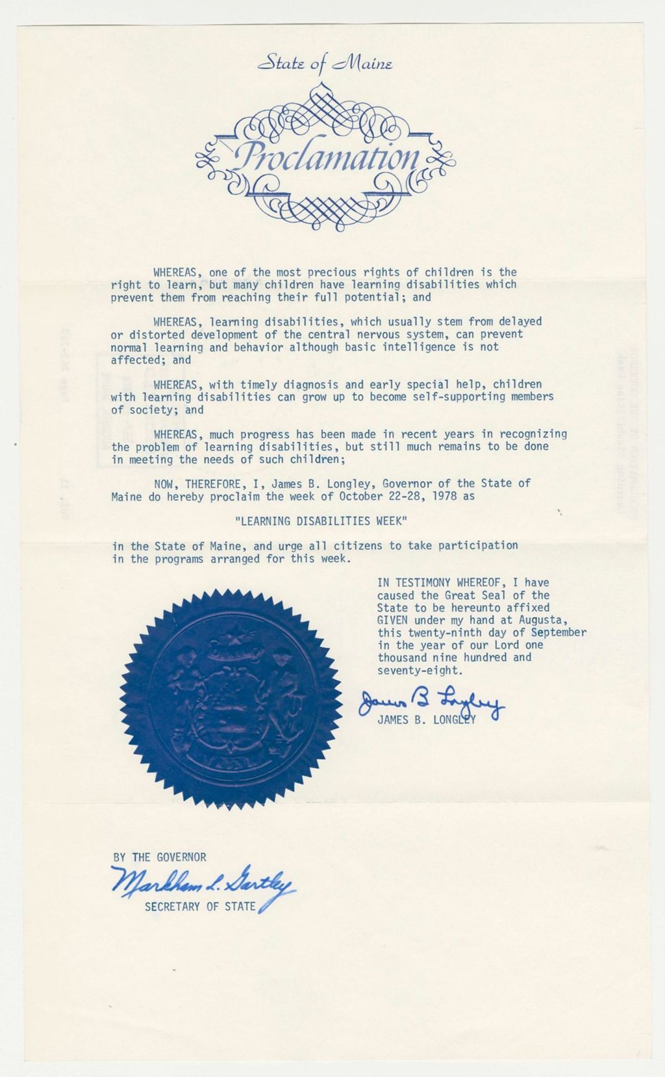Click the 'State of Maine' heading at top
click(323, 64)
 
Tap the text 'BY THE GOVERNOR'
click(160, 857)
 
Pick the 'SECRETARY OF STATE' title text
click(200, 906)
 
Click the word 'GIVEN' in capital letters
click(393, 620)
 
